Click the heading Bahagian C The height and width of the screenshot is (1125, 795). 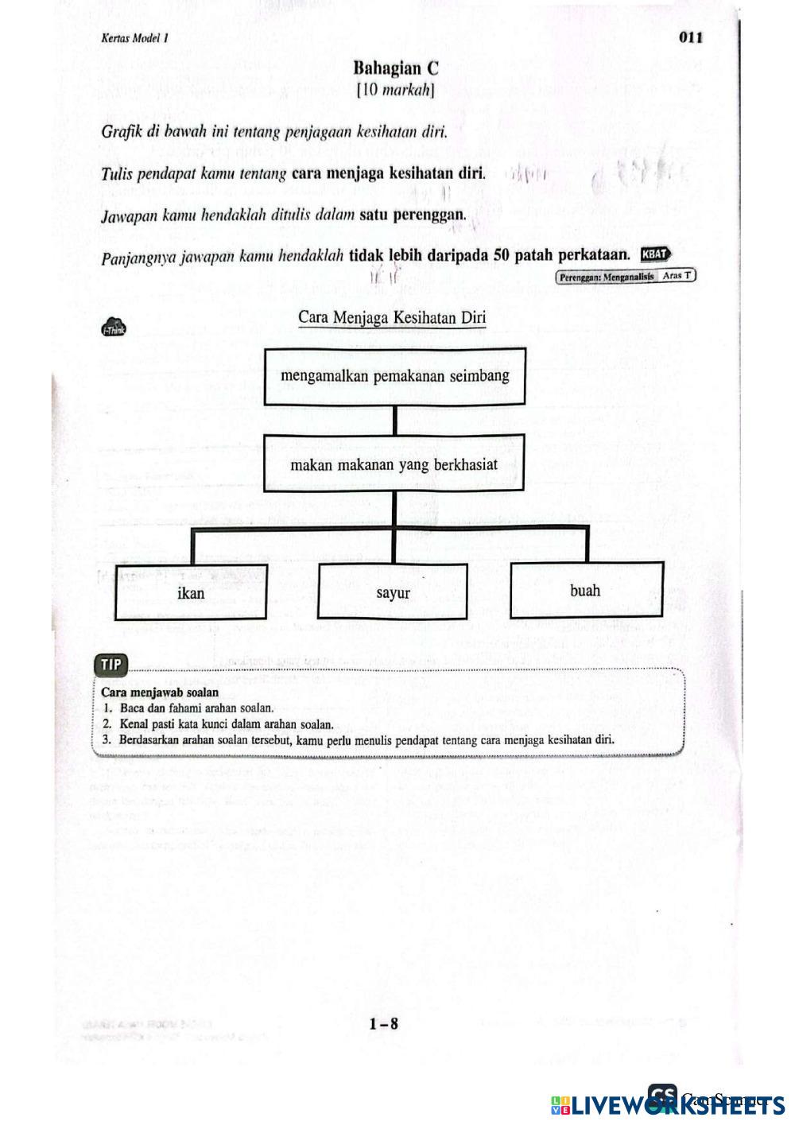point(396,68)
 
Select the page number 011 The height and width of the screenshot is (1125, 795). point(690,37)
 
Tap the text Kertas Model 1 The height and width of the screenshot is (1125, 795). point(135,38)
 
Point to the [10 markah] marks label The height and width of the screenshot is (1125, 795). point(396,91)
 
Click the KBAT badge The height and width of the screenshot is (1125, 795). point(656,254)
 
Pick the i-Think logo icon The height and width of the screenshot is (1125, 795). point(114,328)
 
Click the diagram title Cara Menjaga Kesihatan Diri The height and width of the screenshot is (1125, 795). point(392,318)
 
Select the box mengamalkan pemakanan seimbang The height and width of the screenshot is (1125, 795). point(394,376)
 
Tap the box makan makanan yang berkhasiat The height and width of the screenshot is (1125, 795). point(394,464)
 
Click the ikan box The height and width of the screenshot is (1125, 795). point(191,593)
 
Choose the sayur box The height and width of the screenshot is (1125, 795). point(393,593)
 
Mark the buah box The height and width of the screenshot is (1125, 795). point(585,591)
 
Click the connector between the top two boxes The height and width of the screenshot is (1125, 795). point(394,420)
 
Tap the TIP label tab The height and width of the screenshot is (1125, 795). point(111,665)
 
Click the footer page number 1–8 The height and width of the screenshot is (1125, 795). point(383,1024)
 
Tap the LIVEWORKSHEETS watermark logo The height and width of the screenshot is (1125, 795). point(668,1104)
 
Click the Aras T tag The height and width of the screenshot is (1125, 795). point(677,276)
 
